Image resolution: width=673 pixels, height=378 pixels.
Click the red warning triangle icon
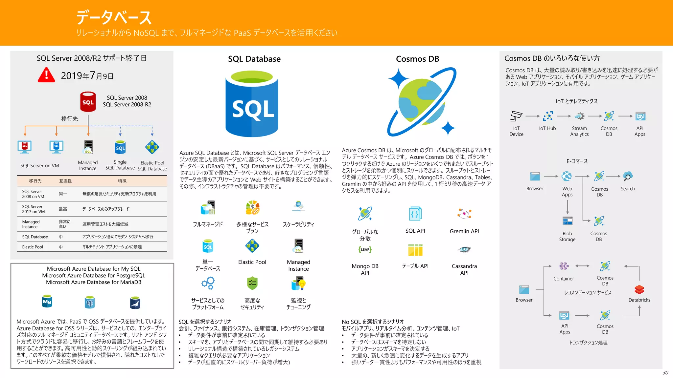46,75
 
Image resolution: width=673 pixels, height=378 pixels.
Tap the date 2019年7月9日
87,76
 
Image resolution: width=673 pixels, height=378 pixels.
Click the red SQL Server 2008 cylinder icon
88,102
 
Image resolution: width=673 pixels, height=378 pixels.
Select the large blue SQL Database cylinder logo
252,104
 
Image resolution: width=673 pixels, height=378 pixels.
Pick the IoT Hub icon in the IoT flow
548,116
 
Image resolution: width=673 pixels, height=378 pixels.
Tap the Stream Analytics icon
579,116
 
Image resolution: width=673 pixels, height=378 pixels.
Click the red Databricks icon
639,290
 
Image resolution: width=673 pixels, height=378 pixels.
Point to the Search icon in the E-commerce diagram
627,177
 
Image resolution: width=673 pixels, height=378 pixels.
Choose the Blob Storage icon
567,221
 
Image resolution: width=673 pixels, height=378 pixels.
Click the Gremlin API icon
464,214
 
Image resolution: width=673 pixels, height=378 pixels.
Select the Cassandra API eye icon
464,250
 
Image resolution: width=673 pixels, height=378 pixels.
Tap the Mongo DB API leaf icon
365,250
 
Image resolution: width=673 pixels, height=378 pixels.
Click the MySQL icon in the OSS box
47,302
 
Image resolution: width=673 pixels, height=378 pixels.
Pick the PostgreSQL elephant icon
90,302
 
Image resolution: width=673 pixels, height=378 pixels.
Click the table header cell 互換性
65,181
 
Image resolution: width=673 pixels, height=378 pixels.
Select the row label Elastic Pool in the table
33,247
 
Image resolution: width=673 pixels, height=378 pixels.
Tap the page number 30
665,372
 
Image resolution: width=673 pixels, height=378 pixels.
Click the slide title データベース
114,17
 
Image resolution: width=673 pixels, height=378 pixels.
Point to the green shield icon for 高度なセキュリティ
252,283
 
